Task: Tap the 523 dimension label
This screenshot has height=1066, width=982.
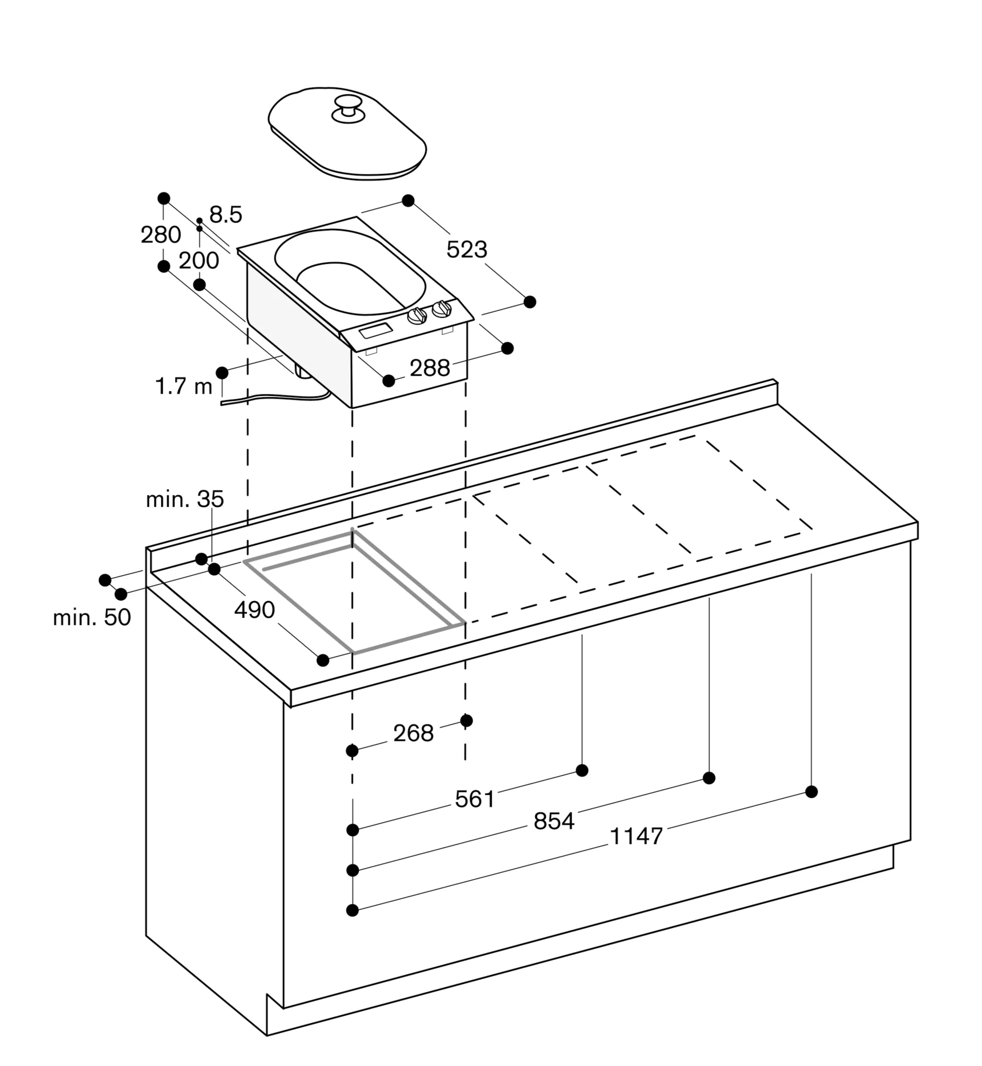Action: (x=466, y=249)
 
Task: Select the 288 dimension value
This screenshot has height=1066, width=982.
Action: (x=430, y=368)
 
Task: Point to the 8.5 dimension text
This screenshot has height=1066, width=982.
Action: (x=226, y=214)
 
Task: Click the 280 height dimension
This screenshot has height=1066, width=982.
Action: (x=160, y=235)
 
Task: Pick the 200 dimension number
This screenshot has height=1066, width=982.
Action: (x=199, y=261)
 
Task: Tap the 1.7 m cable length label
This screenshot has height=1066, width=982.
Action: (x=184, y=386)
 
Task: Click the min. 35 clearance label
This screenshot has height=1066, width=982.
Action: (x=185, y=499)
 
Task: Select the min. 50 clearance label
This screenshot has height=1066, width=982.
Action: (x=92, y=617)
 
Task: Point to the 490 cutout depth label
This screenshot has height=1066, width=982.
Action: (x=254, y=610)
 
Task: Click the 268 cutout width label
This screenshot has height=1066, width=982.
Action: (x=413, y=733)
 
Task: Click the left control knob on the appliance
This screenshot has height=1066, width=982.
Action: (x=417, y=317)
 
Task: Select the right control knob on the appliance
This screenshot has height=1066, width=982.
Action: (x=442, y=309)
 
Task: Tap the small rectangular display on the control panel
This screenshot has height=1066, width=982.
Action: (x=376, y=330)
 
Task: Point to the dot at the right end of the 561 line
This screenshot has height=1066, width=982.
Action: (x=582, y=770)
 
